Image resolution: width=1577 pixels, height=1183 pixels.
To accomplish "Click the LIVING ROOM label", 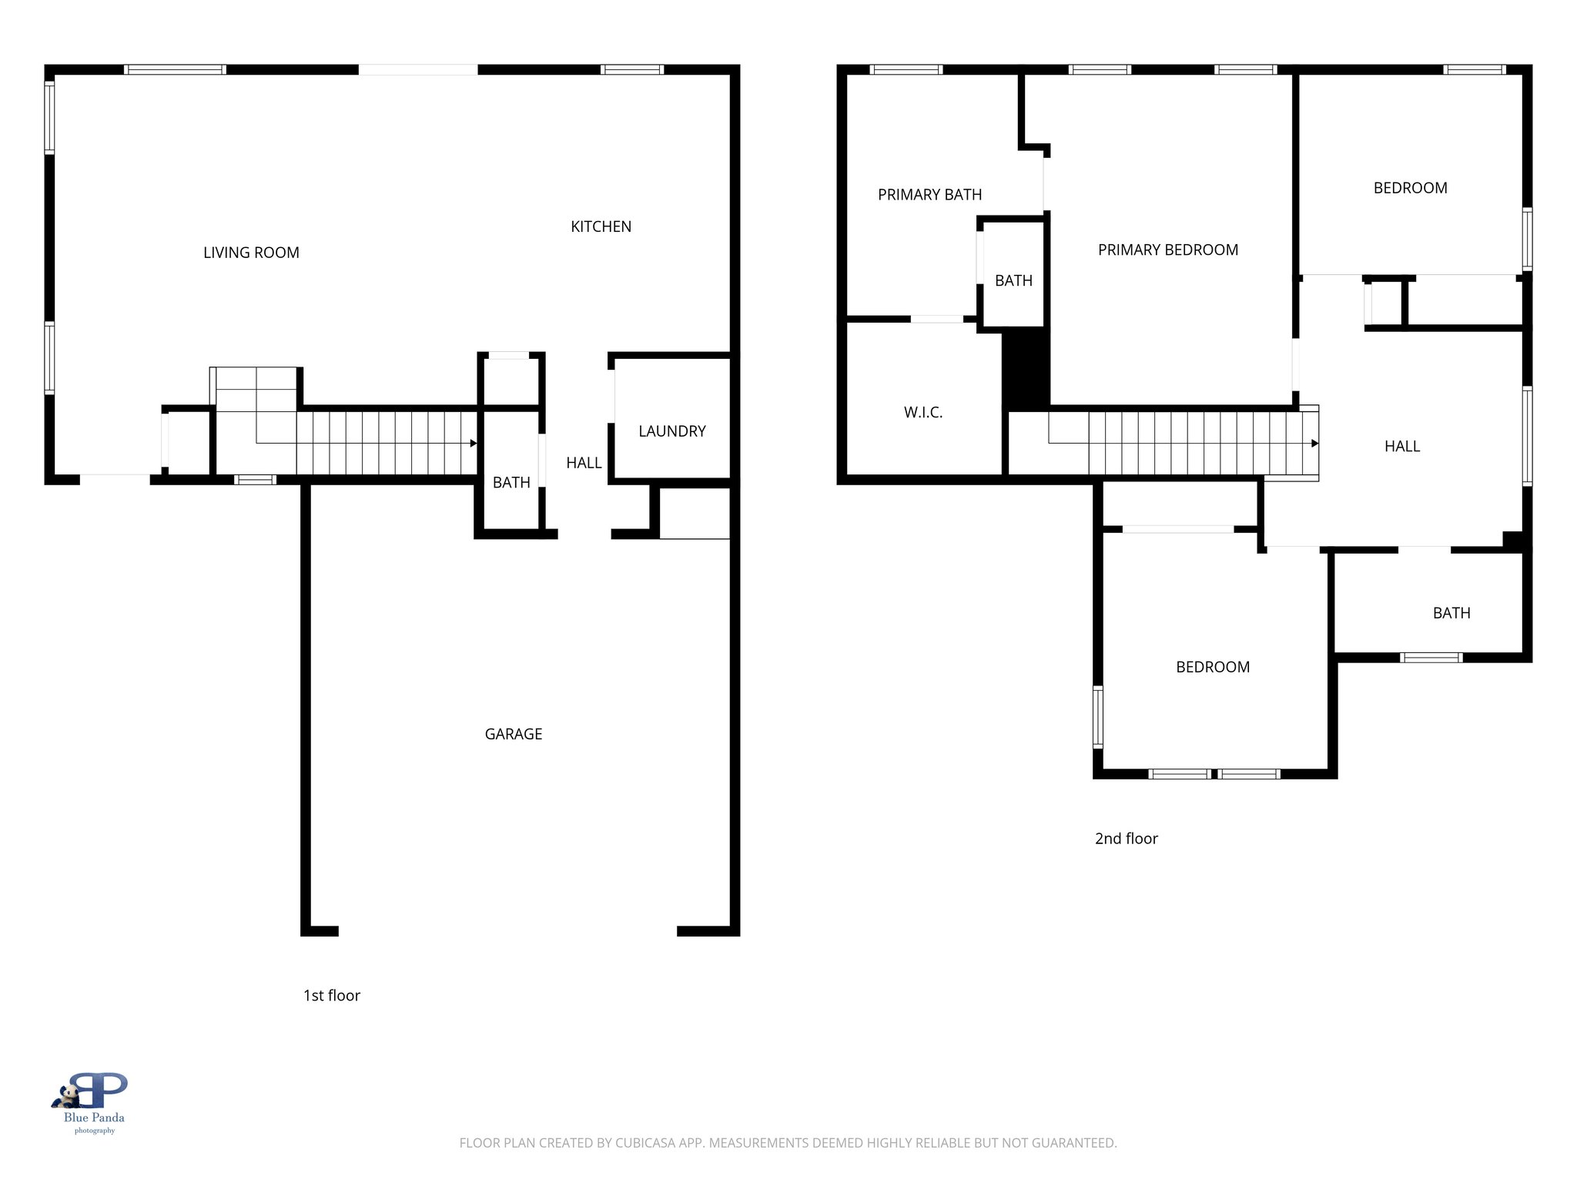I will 251,253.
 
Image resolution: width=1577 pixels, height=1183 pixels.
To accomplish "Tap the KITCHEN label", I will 601,226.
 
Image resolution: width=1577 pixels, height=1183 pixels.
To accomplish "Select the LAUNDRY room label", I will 671,431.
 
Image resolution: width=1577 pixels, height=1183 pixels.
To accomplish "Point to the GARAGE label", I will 514,734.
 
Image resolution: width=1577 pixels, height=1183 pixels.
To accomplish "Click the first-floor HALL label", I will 584,463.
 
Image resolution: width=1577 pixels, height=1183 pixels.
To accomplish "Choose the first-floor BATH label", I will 511,483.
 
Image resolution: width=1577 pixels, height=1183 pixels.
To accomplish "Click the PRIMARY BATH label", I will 929,195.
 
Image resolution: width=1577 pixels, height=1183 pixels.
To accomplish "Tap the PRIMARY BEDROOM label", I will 1167,250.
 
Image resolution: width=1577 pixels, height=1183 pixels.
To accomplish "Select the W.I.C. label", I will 922,413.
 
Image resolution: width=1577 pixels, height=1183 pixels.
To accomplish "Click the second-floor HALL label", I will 1401,447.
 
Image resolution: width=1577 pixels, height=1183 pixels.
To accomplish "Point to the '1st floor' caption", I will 331,996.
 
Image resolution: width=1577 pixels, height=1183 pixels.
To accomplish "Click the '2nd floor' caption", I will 1126,839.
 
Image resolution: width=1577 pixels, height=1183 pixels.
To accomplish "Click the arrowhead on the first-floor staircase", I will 474,444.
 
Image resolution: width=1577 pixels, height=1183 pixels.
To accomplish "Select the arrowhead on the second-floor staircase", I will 1314,444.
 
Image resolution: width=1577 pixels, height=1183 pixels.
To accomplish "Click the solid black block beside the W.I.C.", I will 1025,368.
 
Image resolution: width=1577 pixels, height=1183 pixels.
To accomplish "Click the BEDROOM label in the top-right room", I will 1410,189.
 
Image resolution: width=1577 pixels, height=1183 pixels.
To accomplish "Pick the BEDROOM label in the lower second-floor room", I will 1212,668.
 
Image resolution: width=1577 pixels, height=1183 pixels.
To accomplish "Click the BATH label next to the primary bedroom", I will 1013,281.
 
